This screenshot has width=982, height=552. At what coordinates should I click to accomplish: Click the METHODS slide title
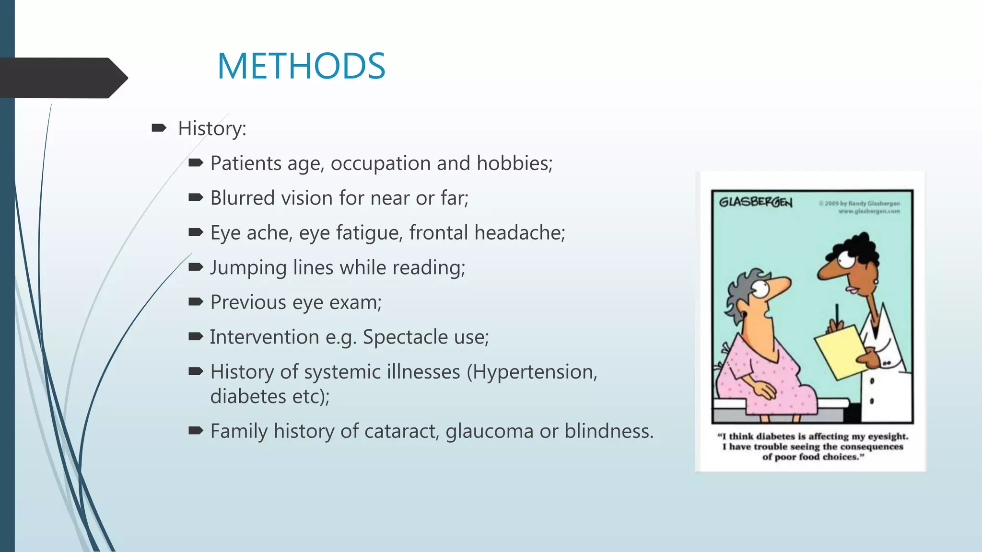point(301,66)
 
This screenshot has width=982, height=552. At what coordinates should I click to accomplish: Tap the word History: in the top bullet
point(212,128)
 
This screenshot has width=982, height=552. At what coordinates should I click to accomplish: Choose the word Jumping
point(248,268)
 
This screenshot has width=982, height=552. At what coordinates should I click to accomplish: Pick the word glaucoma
point(489,431)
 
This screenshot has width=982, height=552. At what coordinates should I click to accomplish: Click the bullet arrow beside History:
point(159,128)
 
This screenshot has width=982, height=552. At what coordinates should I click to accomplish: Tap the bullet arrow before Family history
point(196,430)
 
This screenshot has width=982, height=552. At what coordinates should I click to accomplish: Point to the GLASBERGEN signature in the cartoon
point(755,202)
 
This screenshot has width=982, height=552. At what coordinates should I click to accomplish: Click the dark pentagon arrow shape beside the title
point(62,78)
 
